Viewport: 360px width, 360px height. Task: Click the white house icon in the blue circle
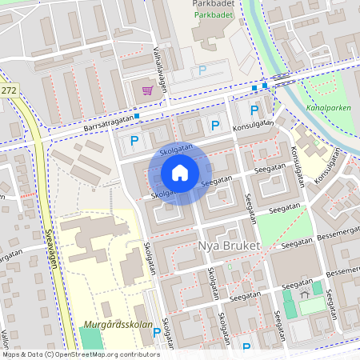pos(179,173)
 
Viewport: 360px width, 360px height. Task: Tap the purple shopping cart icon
pos(147,90)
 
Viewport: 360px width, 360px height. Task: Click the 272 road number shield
pos(8,91)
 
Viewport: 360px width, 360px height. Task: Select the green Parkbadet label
pos(212,14)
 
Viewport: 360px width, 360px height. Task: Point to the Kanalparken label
pos(328,106)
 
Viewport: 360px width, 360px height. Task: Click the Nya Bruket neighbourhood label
pos(228,246)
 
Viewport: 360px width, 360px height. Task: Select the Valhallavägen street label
pos(158,67)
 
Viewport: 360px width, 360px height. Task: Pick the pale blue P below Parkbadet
pos(202,71)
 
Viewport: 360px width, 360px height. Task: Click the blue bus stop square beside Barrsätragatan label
pos(138,116)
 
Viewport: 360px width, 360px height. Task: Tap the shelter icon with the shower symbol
pos(305,295)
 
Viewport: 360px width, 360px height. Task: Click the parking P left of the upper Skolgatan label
pos(134,141)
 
